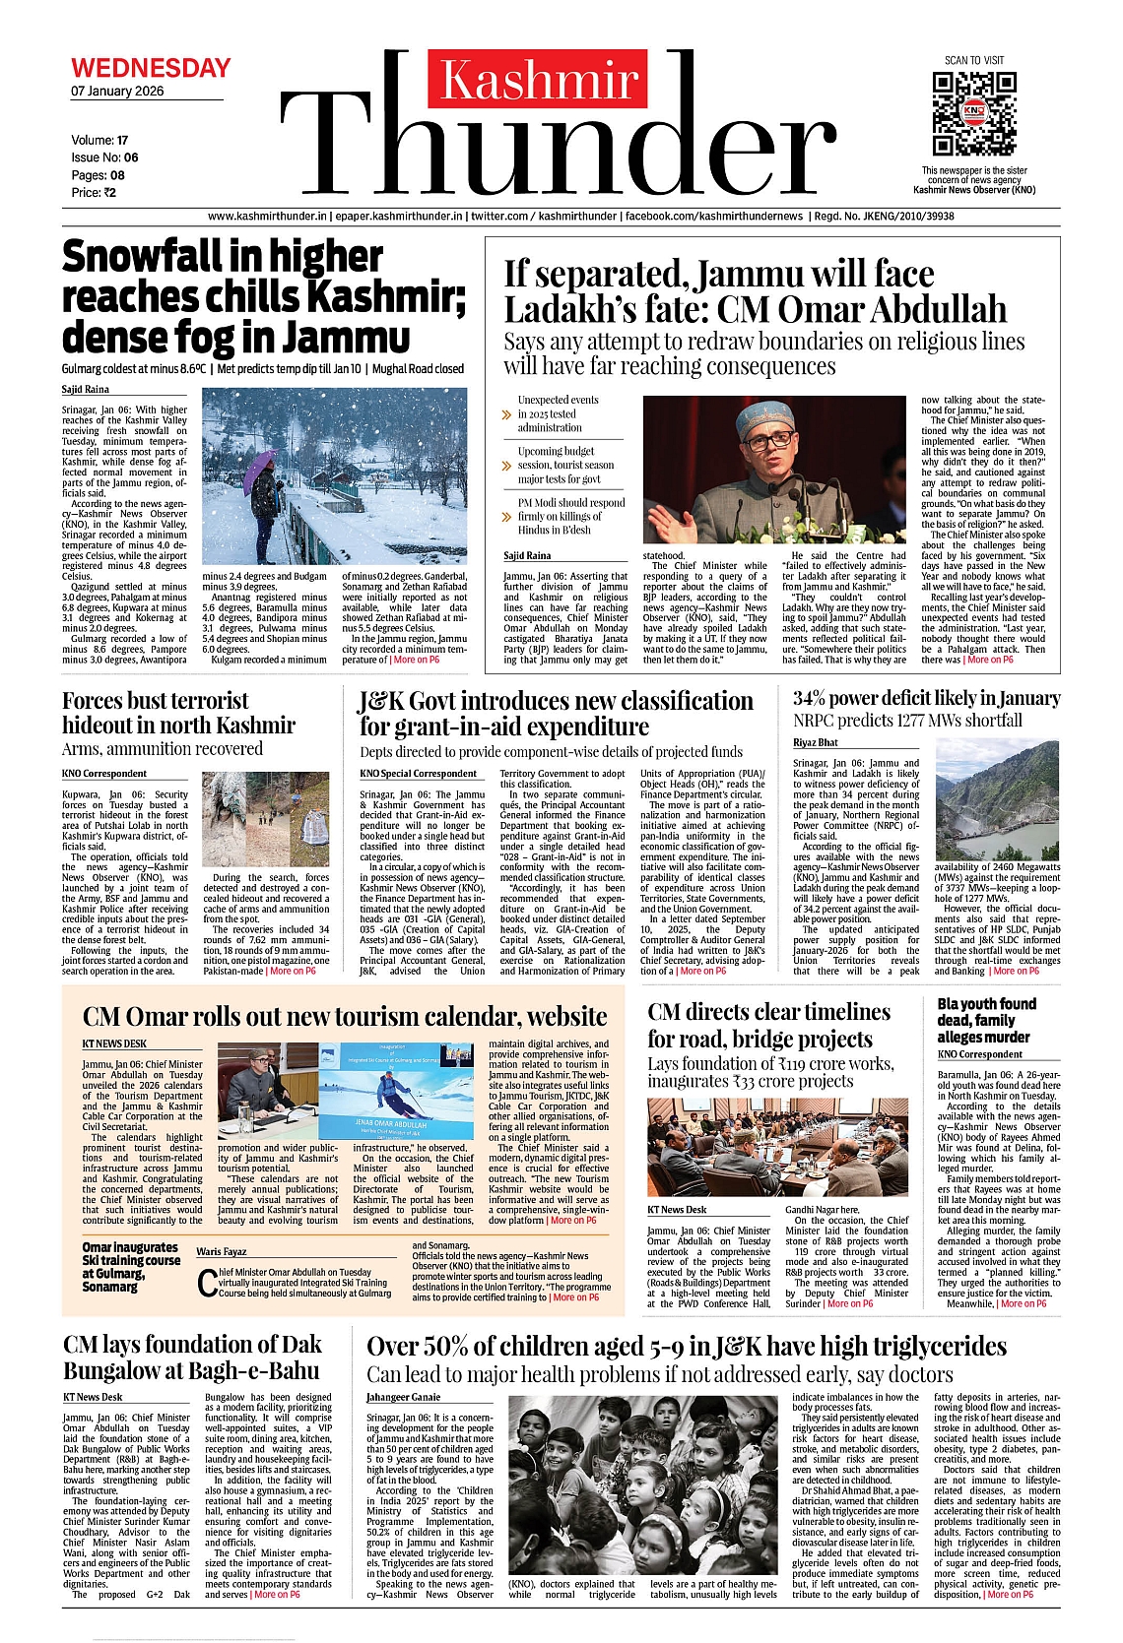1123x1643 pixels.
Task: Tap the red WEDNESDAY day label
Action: (151, 68)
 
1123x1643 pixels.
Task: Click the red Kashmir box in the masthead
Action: (537, 79)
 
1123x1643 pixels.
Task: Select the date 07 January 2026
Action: (117, 92)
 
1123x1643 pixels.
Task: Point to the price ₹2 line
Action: (94, 193)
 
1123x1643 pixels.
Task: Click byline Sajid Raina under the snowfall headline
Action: (86, 390)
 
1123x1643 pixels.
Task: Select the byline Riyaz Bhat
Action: (816, 742)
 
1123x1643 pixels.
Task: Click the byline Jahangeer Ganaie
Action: (404, 1397)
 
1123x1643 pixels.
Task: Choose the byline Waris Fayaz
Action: (222, 1251)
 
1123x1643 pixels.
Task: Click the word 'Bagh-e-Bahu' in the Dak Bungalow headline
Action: (254, 1371)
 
